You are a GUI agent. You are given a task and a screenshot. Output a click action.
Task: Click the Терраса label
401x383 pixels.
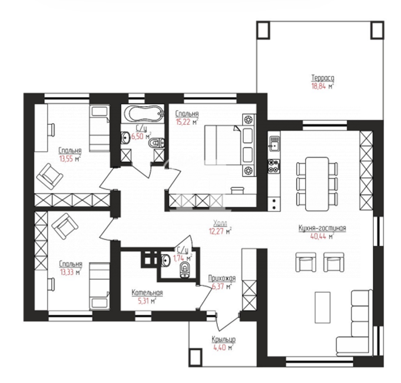[x=323, y=78]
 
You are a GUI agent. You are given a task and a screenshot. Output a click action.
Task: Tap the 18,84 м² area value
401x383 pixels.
[x=323, y=86]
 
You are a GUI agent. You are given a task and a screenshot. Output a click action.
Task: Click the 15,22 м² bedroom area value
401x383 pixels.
[x=187, y=122]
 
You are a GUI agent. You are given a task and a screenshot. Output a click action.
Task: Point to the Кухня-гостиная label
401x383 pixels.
[x=322, y=228]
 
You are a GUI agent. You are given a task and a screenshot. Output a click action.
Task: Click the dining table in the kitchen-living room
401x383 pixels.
[x=317, y=183]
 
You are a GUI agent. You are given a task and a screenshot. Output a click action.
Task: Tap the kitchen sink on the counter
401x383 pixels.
[x=274, y=143]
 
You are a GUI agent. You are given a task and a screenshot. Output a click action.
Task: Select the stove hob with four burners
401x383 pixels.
[x=274, y=166]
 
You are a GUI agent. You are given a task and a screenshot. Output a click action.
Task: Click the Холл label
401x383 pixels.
[x=220, y=223]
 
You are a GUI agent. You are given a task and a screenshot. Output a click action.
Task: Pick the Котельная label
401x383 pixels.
[x=147, y=292]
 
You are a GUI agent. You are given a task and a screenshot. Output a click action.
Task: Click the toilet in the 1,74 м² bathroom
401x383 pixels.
[x=184, y=270]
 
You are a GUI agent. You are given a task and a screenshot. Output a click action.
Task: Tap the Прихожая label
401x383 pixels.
[x=222, y=278]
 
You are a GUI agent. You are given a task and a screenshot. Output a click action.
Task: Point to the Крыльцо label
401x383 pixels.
[x=223, y=339]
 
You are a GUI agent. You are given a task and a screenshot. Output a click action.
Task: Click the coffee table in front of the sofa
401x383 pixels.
[x=323, y=307]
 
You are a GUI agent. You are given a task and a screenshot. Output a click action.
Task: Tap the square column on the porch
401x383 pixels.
[x=195, y=358]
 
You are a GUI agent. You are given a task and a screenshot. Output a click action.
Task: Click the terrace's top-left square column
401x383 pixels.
[x=263, y=30]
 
